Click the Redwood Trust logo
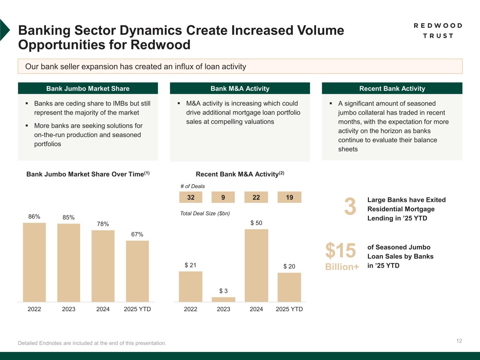[438, 31]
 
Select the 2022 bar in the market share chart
[34, 262]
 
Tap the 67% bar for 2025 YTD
[137, 271]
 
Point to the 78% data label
[103, 224]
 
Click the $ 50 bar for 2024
[256, 265]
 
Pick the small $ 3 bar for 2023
[223, 300]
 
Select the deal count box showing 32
[191, 197]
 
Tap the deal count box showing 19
[289, 197]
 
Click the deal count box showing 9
[223, 197]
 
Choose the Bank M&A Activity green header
[240, 89]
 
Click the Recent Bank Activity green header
[392, 89]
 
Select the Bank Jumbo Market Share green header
[88, 89]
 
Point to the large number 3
[350, 206]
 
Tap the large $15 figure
[340, 251]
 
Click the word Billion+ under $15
[342, 267]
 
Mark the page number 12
[459, 341]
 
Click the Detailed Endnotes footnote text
[92, 343]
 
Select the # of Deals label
[192, 186]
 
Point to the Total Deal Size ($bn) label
[205, 213]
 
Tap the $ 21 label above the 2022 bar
[191, 265]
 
